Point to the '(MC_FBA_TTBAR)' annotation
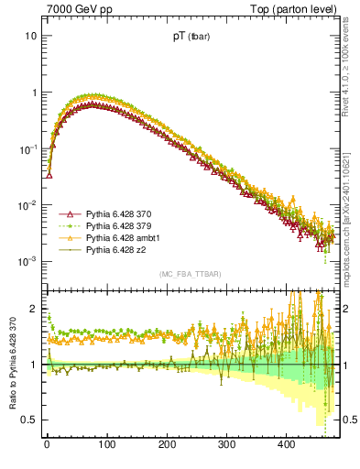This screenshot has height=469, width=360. pyautogui.click(x=190, y=274)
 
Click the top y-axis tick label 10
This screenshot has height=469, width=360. pyautogui.click(x=30, y=36)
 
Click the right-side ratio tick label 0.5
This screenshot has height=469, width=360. pyautogui.click(x=348, y=420)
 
